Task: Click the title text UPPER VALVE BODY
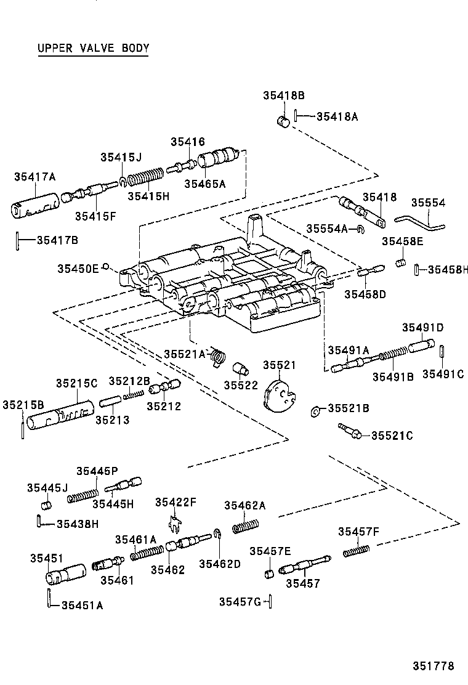coord(93,49)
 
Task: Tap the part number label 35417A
coord(35,177)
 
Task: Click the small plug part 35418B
coord(283,120)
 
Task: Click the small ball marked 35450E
coord(106,267)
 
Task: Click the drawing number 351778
coord(433,666)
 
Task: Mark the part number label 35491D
coord(423,327)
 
